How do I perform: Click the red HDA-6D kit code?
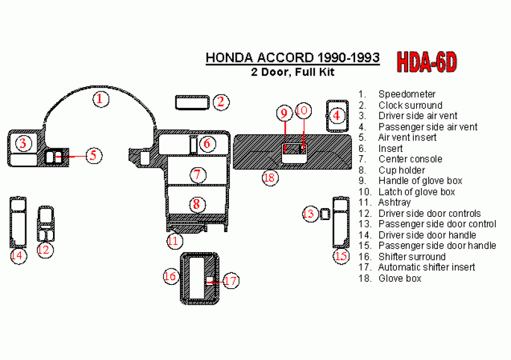tap(426, 62)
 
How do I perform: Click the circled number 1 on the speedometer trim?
tap(101, 99)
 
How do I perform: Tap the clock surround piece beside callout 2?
tap(192, 102)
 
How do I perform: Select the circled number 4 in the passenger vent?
tap(336, 115)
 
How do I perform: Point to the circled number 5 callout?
tap(94, 155)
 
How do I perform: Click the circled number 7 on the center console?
tap(198, 175)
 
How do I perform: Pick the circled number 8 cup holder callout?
tap(197, 204)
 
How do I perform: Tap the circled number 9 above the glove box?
tap(284, 113)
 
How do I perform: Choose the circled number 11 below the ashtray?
tap(174, 241)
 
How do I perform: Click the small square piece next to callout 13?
tap(325, 214)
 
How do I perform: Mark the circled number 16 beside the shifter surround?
tap(171, 276)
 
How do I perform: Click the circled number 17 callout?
tap(231, 281)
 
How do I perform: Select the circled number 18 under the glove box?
tap(270, 178)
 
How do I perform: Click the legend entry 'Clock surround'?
tap(410, 105)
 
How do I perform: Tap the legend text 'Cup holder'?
tap(401, 170)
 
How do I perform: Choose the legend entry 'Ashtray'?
tap(394, 202)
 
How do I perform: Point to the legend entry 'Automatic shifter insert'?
tap(426, 267)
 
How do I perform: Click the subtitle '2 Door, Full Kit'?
tap(293, 72)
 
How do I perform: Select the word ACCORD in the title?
tap(286, 57)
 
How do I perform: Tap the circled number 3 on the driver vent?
tap(23, 143)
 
